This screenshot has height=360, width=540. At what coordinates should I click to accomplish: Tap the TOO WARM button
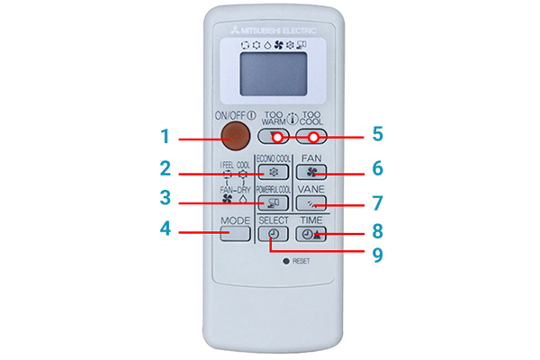[x=272, y=138]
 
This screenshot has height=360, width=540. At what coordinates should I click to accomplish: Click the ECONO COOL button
[x=273, y=171]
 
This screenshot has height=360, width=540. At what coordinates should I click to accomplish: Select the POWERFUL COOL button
[x=273, y=203]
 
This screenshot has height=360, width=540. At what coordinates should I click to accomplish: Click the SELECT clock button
[x=273, y=234]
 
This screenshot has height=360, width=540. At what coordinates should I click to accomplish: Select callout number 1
[x=165, y=138]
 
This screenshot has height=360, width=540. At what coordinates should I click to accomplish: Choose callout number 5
[x=378, y=134]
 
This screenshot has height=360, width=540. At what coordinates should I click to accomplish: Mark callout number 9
[x=378, y=254]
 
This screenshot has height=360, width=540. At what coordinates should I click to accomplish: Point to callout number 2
[x=165, y=168]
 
